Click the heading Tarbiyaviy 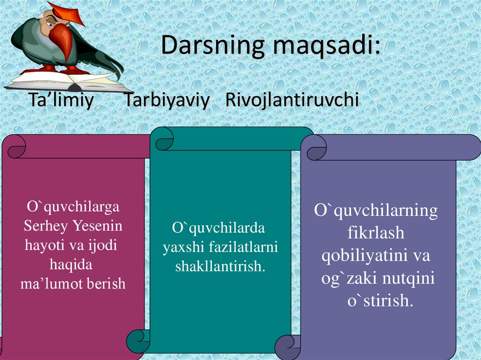point(167,101)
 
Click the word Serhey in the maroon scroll point(46,226)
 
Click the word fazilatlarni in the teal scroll point(241,247)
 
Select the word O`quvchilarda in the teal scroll point(218,228)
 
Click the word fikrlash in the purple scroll point(376,233)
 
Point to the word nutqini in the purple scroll point(408,279)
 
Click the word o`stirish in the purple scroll point(380,301)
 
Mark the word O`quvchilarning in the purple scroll point(376,211)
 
